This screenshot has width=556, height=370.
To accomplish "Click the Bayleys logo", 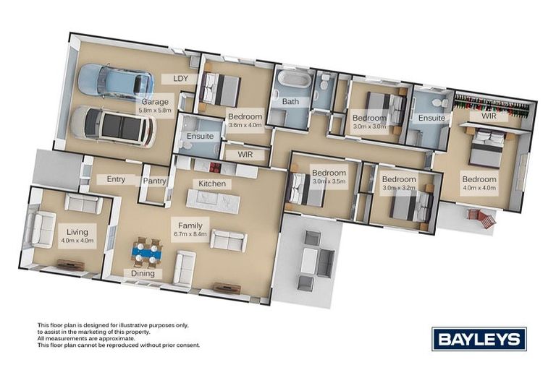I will coord(479,338).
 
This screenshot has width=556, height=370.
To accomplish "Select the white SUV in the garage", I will coord(112,126).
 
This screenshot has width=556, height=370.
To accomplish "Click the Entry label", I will coord(116,179).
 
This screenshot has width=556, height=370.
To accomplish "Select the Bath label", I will coord(290,102).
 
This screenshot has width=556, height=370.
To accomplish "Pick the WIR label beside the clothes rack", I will coord(489,116).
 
